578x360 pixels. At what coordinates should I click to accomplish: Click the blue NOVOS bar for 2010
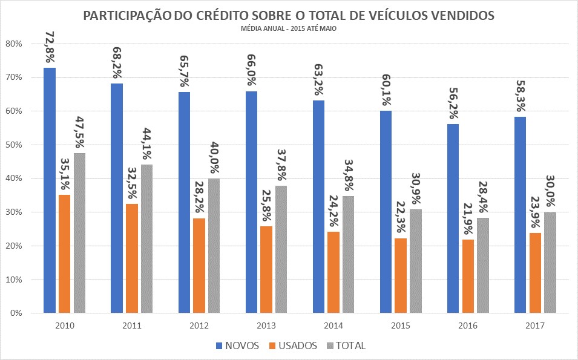point(50,191)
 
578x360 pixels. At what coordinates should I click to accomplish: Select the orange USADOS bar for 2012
point(199,266)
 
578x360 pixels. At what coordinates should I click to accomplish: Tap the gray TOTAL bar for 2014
point(348,255)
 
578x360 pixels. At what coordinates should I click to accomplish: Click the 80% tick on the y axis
point(14,44)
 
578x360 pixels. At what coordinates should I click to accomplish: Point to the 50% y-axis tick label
point(14,145)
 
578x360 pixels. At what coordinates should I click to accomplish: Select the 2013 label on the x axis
point(266,326)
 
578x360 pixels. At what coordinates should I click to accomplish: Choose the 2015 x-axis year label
point(401,326)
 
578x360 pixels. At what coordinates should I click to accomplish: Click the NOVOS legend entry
point(238,346)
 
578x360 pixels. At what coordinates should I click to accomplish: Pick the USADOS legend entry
point(295,346)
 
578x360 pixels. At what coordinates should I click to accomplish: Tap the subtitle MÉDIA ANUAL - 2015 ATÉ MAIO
point(288,28)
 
